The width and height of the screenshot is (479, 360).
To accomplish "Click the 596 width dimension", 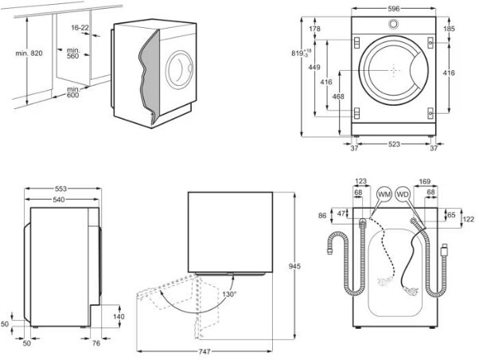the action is [x=393, y=9].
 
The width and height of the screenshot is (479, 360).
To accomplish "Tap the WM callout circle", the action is [x=384, y=194].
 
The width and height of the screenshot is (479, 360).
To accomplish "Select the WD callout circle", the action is [x=403, y=194].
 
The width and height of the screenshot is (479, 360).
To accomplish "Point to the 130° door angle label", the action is [x=229, y=294].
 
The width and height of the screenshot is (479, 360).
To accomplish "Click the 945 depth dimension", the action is [x=294, y=266].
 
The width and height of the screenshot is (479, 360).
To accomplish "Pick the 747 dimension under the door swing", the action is [x=204, y=352].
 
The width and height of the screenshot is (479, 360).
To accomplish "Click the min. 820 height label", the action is [x=29, y=53].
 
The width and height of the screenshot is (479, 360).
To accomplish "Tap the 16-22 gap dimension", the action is [x=80, y=28].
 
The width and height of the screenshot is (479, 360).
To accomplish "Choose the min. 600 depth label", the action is [x=73, y=92].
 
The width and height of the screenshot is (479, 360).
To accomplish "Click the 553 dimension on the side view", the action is [x=60, y=189].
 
